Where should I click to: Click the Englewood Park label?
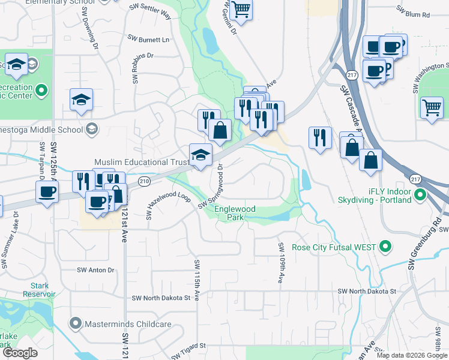tap(235, 213)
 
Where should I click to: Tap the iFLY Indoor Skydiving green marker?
tap(420, 196)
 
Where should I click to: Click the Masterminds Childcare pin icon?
tap(75, 324)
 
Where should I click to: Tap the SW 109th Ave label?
tap(280, 263)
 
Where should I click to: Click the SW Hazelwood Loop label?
tap(169, 205)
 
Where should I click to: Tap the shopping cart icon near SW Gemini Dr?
tap(240, 10)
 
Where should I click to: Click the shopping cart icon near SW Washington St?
tap(432, 108)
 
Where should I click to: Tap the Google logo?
tap(19, 353)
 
